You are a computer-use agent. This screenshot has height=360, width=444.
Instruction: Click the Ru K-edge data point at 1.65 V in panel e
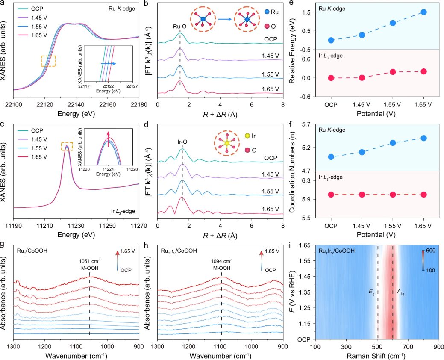423,12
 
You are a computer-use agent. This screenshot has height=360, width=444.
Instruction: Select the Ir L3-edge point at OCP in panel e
331,78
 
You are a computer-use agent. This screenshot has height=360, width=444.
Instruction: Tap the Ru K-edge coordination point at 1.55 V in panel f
393,142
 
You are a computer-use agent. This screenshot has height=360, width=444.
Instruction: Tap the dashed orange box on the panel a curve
48,61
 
